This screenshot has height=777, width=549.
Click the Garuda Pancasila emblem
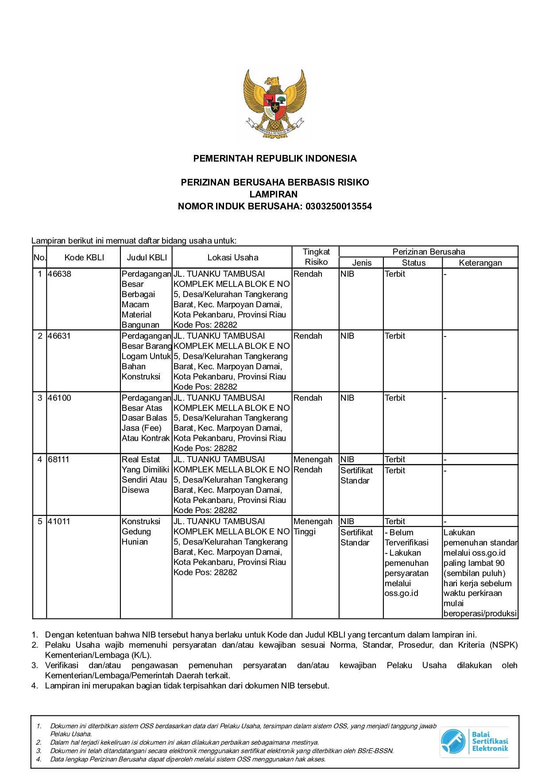274,104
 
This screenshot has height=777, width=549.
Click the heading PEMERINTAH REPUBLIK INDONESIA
274,158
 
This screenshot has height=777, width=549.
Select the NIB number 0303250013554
339,206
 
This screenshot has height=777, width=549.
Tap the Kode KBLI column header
84,258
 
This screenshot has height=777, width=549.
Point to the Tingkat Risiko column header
316,257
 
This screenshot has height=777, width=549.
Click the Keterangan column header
480,263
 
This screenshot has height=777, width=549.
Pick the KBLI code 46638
59,274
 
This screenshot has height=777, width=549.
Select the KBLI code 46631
59,336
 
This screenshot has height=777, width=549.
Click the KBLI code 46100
59,398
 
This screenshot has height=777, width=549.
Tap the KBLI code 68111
59,460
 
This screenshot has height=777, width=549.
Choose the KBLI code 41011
59,522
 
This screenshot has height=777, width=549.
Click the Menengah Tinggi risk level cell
313,526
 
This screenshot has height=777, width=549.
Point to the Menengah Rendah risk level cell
313,464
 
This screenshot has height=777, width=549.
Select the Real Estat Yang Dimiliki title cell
145,475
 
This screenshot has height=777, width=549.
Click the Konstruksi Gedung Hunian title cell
141,531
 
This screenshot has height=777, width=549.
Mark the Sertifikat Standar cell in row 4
357,475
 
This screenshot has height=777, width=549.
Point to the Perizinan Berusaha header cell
429,252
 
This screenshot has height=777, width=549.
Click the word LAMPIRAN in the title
274,194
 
